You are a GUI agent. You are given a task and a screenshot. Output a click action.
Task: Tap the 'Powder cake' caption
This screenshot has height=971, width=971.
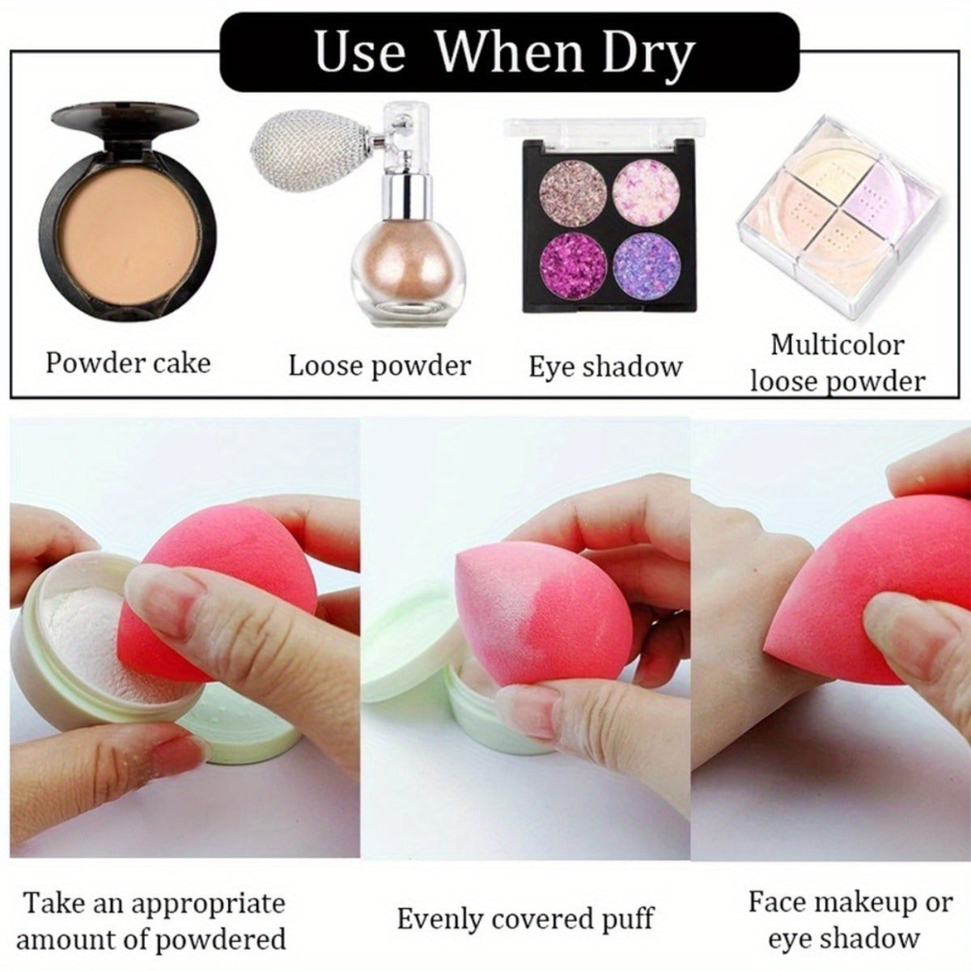[x=128, y=363]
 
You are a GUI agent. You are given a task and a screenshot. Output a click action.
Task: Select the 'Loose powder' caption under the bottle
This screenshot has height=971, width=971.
[x=379, y=366]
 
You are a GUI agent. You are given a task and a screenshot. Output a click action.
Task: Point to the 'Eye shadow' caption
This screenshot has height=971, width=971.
[x=605, y=367]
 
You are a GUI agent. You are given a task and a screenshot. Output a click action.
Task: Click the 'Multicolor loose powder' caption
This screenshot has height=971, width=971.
[x=837, y=363]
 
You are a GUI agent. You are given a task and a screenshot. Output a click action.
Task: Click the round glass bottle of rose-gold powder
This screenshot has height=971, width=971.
[x=403, y=275]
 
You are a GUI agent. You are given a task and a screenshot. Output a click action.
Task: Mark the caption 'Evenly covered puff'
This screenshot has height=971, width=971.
[x=524, y=919]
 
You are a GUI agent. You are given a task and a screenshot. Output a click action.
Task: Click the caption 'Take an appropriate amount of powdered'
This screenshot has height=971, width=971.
[x=152, y=921]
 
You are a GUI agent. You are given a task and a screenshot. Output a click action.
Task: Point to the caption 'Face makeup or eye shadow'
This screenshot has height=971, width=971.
[x=849, y=920]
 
